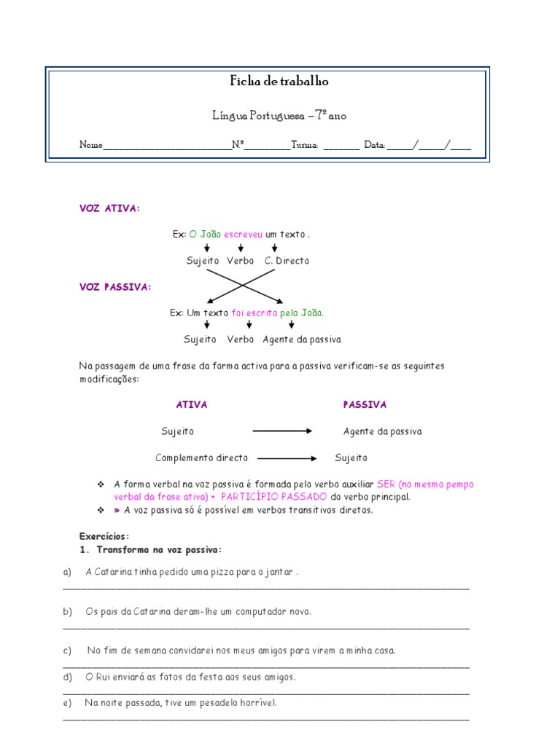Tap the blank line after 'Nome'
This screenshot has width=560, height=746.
coord(167,146)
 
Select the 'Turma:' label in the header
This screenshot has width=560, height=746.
coord(305,146)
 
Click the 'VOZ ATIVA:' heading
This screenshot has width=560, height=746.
coord(109,209)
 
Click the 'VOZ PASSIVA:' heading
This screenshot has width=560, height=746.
coord(115,287)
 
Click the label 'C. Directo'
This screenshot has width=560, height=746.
coord(287,261)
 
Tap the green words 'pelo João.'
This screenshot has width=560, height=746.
coord(302,313)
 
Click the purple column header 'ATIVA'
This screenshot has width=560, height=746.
coord(192,405)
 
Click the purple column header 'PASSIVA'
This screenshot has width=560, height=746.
coord(365,405)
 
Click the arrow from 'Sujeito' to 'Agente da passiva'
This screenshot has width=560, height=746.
coord(282,431)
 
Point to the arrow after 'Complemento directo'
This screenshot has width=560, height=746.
coord(287,458)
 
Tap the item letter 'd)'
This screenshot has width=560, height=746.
coord(67,677)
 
